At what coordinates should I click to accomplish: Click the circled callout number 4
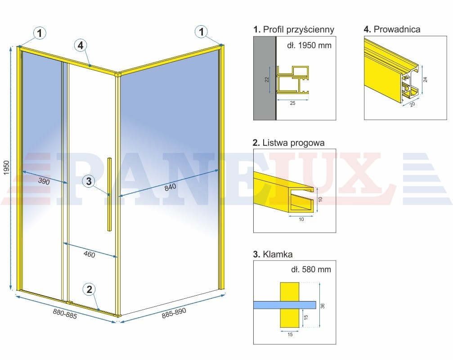tap(81, 45)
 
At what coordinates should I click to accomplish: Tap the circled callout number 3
tap(89, 181)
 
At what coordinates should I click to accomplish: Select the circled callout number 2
tap(89, 289)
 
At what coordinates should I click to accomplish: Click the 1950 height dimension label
tap(7, 167)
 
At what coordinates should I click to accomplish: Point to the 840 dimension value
tap(170, 187)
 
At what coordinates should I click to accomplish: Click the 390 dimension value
tap(44, 181)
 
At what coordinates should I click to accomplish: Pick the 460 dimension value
tap(89, 254)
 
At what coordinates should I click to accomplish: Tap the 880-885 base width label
tap(65, 314)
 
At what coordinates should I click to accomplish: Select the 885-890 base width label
tap(174, 313)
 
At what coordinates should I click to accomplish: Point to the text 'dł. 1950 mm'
tap(309, 45)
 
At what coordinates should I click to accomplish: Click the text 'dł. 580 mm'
tap(311, 269)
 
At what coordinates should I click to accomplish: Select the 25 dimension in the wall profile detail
tap(293, 103)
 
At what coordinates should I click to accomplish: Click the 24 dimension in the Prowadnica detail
tap(425, 80)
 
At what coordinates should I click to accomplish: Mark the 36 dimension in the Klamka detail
tap(323, 306)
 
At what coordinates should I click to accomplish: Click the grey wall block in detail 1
tap(265, 78)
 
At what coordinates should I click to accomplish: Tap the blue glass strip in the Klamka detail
tap(285, 305)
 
